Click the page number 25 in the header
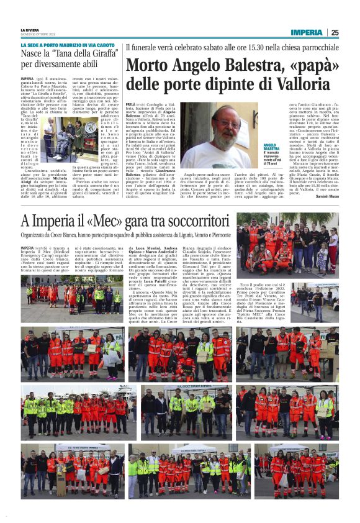tap(335, 32)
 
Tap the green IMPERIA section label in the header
tap(307, 32)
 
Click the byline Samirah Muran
tap(326, 196)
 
